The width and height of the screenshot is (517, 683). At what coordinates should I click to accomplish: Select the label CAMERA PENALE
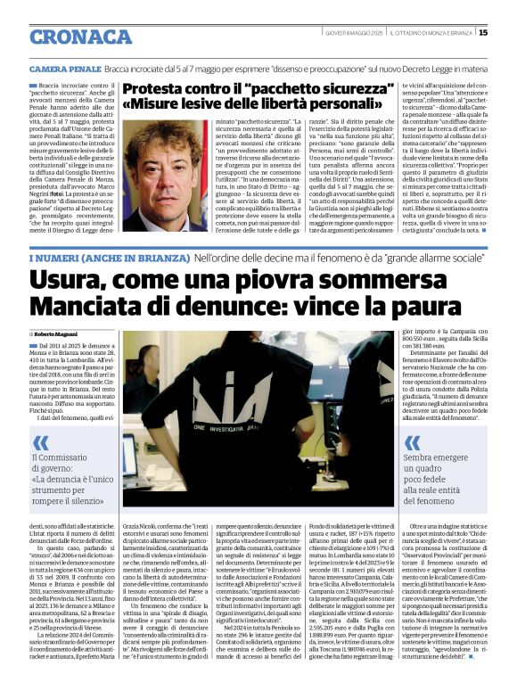point(64,68)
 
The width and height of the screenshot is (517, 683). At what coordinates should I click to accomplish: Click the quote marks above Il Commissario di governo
point(40,440)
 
